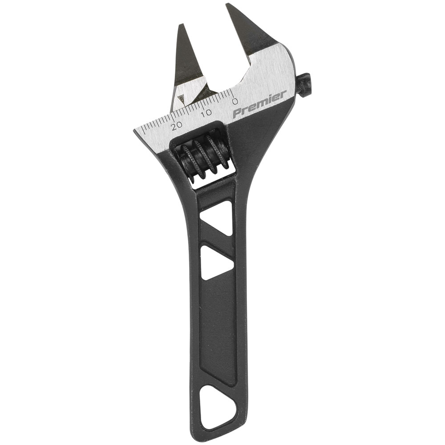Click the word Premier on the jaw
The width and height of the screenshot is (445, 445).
coord(260,105)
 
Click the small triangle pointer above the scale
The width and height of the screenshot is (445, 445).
coord(181,99)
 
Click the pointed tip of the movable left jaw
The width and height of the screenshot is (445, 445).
coord(180,25)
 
